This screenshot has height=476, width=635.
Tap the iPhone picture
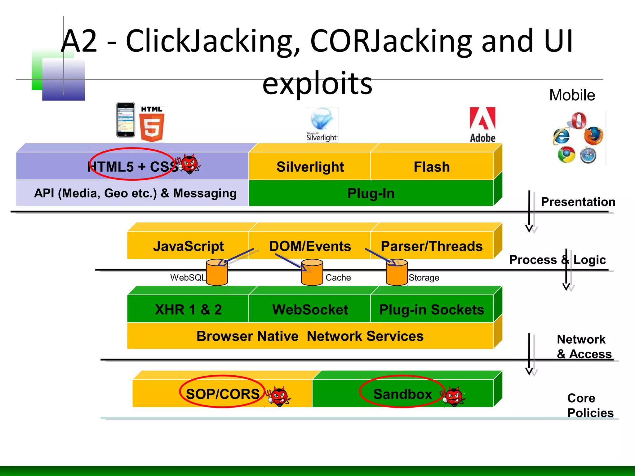coord(126,120)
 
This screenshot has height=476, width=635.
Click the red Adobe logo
coord(482,124)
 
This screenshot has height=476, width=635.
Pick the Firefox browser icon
coord(593,136)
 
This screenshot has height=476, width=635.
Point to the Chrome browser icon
coord(566,155)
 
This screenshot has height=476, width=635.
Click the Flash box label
coord(432,167)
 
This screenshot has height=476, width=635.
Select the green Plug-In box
coord(371,193)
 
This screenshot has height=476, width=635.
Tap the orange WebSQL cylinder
coord(217,273)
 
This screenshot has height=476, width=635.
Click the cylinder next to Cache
coord(312,273)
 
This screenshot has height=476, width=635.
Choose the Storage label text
coord(424,278)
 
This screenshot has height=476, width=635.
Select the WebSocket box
coord(310,310)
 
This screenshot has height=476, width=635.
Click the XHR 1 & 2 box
coord(188,310)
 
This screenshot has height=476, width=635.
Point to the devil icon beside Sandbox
coord(454,397)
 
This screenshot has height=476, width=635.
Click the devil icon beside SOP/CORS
coord(279,397)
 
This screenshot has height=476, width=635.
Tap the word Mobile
coord(572,95)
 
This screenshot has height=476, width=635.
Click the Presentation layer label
coord(578,202)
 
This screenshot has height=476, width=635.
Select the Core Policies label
coord(590,405)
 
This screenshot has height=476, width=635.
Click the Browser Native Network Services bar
coord(310,336)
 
